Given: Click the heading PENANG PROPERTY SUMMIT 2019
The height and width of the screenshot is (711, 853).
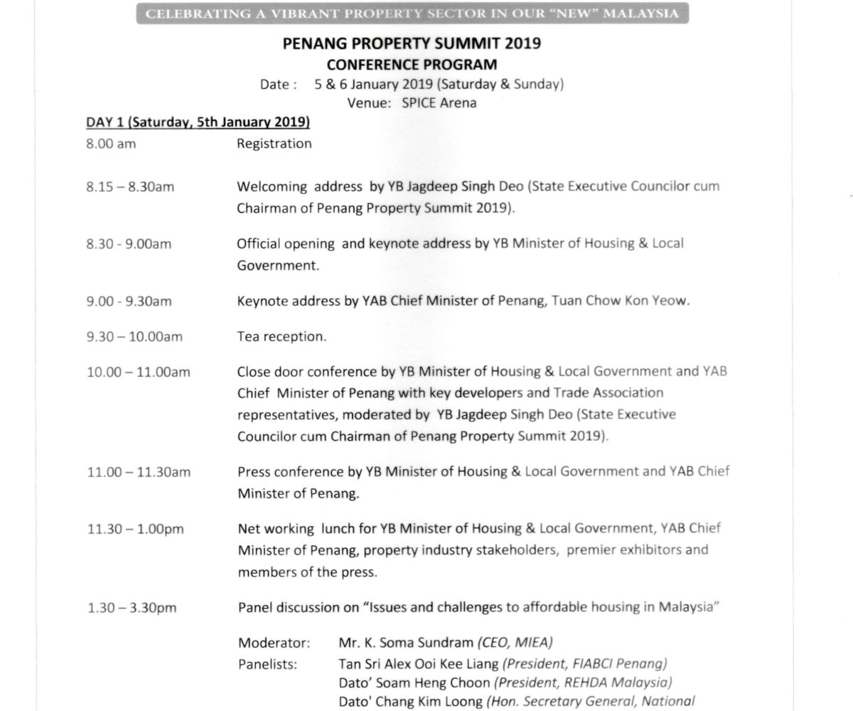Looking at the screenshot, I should tap(412, 43).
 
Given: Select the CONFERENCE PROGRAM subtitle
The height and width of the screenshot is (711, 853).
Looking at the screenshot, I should tap(412, 64).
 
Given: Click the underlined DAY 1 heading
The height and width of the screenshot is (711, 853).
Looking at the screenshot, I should tap(198, 122).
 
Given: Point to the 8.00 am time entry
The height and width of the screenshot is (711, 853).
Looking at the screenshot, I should tap(111, 144).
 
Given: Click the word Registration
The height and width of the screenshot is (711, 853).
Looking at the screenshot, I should tap(274, 144).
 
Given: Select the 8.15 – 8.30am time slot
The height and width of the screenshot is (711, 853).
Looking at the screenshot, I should tap(130, 187).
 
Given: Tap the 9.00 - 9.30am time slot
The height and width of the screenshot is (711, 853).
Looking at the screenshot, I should tap(129, 301).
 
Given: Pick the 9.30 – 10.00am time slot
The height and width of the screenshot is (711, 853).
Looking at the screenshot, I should tap(134, 337).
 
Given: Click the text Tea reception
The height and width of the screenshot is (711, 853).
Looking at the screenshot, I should tap(281, 337).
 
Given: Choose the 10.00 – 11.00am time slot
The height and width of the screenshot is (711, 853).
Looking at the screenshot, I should tap(138, 372).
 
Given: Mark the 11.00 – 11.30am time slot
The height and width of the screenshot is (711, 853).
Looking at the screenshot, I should tap(138, 471).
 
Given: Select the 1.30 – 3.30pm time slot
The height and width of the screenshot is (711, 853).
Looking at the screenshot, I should tap(132, 608).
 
